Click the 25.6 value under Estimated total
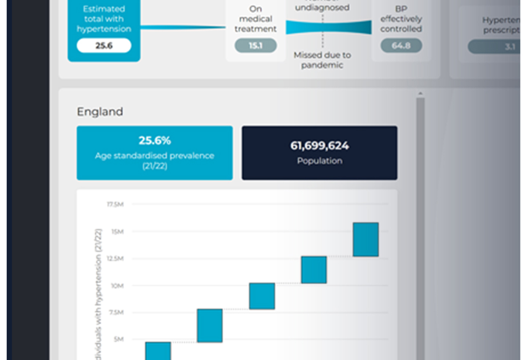pyautogui.click(x=104, y=46)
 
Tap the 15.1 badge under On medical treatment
pyautogui.click(x=255, y=46)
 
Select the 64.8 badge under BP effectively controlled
pyautogui.click(x=401, y=46)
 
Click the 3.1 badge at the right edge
pyautogui.click(x=510, y=47)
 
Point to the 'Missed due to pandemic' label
pyautogui.click(x=322, y=60)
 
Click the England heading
pyautogui.click(x=100, y=112)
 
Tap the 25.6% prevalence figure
pyautogui.click(x=154, y=140)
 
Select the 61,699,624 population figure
pyautogui.click(x=319, y=145)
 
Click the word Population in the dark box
pyautogui.click(x=319, y=161)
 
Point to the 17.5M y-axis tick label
pyautogui.click(x=115, y=204)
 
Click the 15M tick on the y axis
pyautogui.click(x=117, y=231)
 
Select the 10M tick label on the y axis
pyautogui.click(x=117, y=285)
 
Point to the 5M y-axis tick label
pyautogui.click(x=118, y=339)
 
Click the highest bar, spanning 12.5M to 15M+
pyautogui.click(x=366, y=239)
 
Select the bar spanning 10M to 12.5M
pyautogui.click(x=314, y=270)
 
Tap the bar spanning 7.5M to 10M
pyautogui.click(x=262, y=296)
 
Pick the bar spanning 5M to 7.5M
pyautogui.click(x=210, y=325)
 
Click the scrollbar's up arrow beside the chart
pyautogui.click(x=420, y=94)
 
